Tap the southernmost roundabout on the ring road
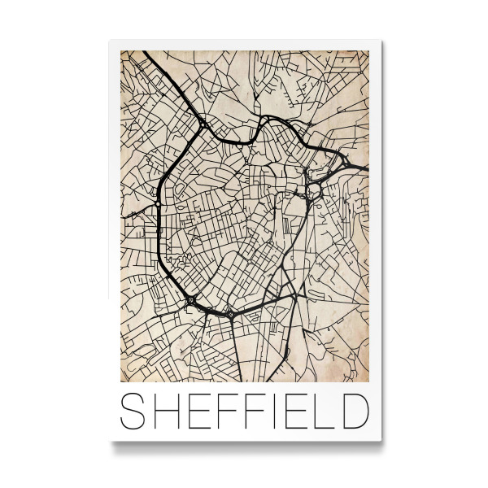[231, 313]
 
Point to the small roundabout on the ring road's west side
[159, 230]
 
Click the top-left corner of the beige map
[120, 51]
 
